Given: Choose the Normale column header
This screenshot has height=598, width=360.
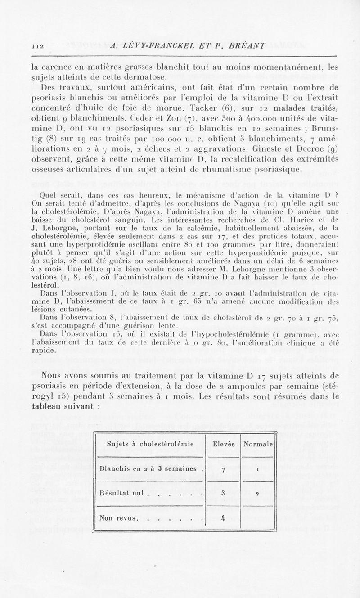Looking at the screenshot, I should (258, 444).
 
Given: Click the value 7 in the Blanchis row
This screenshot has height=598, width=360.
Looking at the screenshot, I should (223, 469).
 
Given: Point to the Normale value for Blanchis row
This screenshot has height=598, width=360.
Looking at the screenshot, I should (256, 469).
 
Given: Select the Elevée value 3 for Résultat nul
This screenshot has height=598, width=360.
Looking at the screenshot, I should (223, 493).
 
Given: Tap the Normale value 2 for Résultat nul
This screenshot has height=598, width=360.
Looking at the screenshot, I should (256, 493).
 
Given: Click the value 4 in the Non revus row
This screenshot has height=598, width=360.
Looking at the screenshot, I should (223, 517).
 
